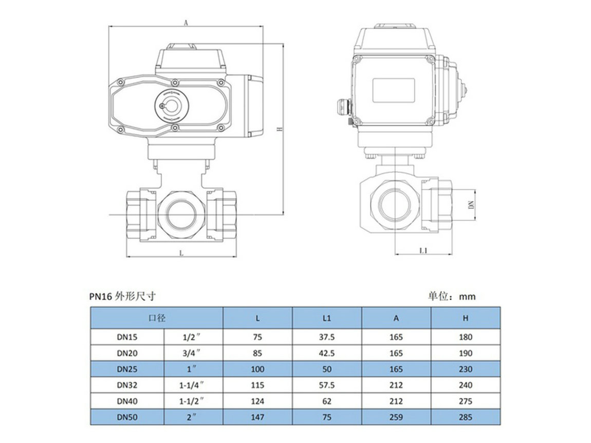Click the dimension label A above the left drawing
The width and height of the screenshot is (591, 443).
pyautogui.click(x=186, y=23)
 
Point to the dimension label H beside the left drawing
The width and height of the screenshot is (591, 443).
pyautogui.click(x=279, y=129)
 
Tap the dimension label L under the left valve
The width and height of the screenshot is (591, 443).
pyautogui.click(x=181, y=253)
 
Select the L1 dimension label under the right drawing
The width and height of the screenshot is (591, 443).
pyautogui.click(x=423, y=251)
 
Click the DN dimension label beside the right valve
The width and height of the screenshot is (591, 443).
pyautogui.click(x=471, y=205)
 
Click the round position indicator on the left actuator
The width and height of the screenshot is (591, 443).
pyautogui.click(x=172, y=105)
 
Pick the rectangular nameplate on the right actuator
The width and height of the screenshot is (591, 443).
pyautogui.click(x=394, y=90)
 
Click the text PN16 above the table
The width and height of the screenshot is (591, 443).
pyautogui.click(x=101, y=297)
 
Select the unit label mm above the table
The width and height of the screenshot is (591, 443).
pyautogui.click(x=467, y=297)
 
